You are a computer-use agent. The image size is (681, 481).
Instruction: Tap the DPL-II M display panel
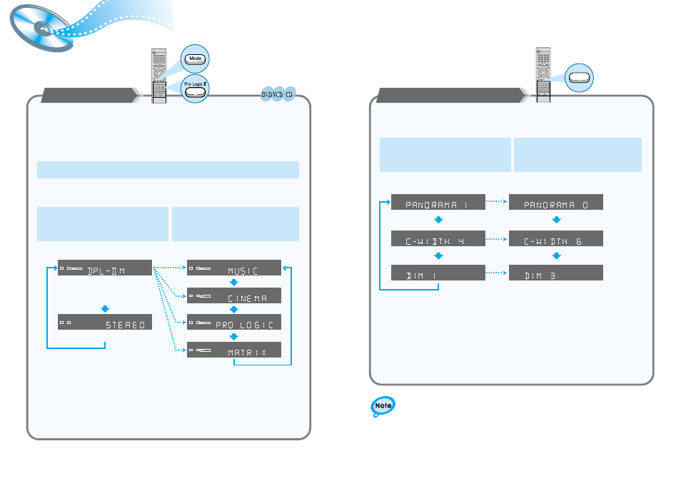tap(105, 268)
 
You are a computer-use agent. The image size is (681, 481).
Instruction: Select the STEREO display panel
tap(105, 323)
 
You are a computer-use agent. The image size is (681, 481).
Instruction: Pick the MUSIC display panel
tap(234, 268)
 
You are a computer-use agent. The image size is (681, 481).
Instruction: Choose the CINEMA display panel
tap(234, 295)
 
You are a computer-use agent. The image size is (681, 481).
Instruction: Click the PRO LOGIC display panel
tap(234, 323)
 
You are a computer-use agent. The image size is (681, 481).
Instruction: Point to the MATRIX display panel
tap(234, 350)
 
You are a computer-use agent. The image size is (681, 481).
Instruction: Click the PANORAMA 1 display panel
tap(438, 202)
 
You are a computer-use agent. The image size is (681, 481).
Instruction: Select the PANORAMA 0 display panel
tap(556, 202)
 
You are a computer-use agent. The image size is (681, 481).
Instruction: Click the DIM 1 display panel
tap(438, 273)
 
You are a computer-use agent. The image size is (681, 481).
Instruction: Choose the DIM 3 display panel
tap(556, 273)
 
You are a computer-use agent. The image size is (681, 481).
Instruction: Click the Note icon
tap(383, 407)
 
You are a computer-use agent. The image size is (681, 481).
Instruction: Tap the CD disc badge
tap(289, 94)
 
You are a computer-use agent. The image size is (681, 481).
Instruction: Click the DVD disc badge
tap(266, 94)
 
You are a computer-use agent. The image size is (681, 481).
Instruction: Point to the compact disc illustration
tap(41, 29)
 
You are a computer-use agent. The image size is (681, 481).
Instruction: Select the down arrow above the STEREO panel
tap(106, 308)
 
